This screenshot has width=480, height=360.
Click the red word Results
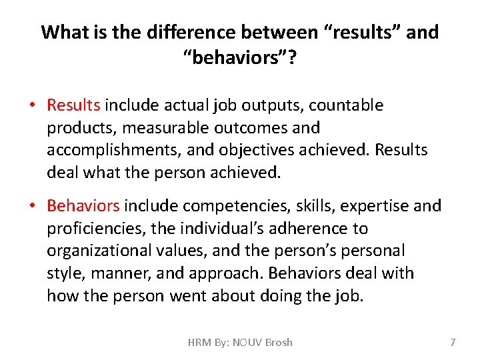point(73,105)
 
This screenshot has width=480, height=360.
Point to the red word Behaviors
point(83,206)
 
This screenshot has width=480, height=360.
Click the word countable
point(349,105)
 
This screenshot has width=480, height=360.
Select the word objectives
point(252,150)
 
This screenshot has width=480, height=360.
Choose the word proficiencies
point(97,229)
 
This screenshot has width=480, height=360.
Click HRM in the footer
point(199,342)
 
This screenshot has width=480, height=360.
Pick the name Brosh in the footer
point(278,342)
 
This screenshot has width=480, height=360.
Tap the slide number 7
point(453,342)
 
